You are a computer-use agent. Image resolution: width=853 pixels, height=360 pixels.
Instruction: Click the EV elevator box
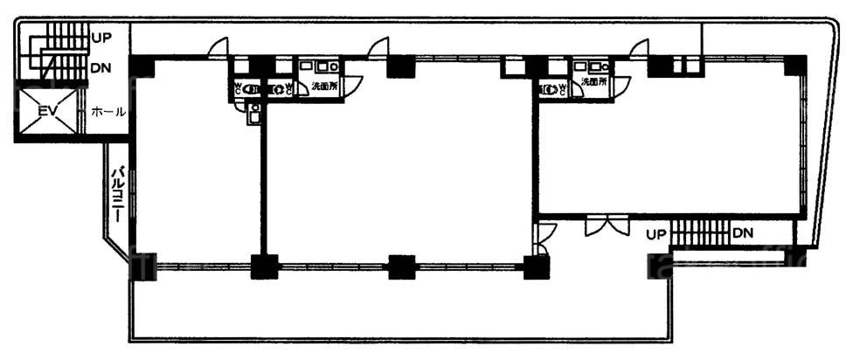49,112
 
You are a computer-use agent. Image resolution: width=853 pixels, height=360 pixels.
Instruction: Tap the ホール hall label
108,112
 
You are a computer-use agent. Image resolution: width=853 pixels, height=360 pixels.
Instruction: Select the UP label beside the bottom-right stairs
657,234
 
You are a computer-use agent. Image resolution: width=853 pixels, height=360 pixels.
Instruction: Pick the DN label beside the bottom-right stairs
743,233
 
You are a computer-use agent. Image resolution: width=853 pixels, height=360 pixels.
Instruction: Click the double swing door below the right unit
606,225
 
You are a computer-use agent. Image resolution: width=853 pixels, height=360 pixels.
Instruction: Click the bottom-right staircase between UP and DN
699,234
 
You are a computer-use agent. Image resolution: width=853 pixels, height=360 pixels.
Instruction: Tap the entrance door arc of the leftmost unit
218,47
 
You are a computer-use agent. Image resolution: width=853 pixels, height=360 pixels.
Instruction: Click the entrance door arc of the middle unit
378,47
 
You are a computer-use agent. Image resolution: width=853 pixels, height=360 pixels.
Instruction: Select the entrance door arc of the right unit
638,47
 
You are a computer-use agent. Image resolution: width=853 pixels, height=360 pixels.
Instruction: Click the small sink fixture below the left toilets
254,112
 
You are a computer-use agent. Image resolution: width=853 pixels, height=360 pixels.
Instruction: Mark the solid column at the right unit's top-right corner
794,65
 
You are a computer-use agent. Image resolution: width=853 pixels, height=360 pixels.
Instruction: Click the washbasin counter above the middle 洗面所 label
321,66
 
